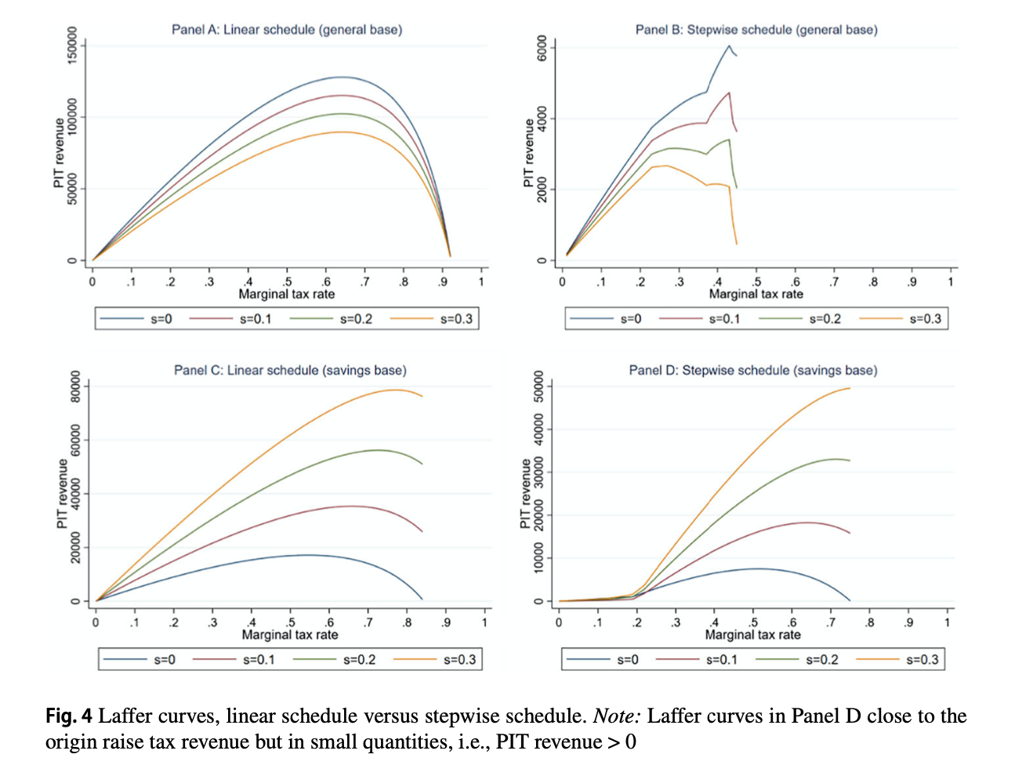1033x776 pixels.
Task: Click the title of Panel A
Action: tap(287, 30)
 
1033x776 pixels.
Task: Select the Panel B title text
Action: tap(756, 30)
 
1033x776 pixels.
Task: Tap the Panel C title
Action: tap(290, 370)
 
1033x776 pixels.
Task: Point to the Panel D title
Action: tap(753, 370)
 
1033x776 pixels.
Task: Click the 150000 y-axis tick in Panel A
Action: tap(73, 46)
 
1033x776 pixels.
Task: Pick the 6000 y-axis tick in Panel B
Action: tap(542, 48)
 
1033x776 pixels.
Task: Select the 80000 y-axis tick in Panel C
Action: tap(75, 386)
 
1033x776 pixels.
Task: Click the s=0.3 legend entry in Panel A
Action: tap(456, 319)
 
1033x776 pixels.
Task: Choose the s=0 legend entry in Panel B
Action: tap(630, 319)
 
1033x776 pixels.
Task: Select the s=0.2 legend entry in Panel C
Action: tap(359, 659)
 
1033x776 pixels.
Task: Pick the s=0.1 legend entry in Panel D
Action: tap(721, 659)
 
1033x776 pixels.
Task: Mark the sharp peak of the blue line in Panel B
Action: tap(729, 45)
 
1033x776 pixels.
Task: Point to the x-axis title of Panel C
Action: tap(290, 635)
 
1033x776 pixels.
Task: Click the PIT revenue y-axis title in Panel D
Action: tap(526, 494)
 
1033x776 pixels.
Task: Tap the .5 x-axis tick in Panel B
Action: tap(756, 282)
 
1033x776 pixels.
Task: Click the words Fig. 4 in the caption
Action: tap(68, 716)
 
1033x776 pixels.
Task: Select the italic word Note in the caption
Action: tap(615, 716)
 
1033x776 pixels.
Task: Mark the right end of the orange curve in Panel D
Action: tap(850, 388)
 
